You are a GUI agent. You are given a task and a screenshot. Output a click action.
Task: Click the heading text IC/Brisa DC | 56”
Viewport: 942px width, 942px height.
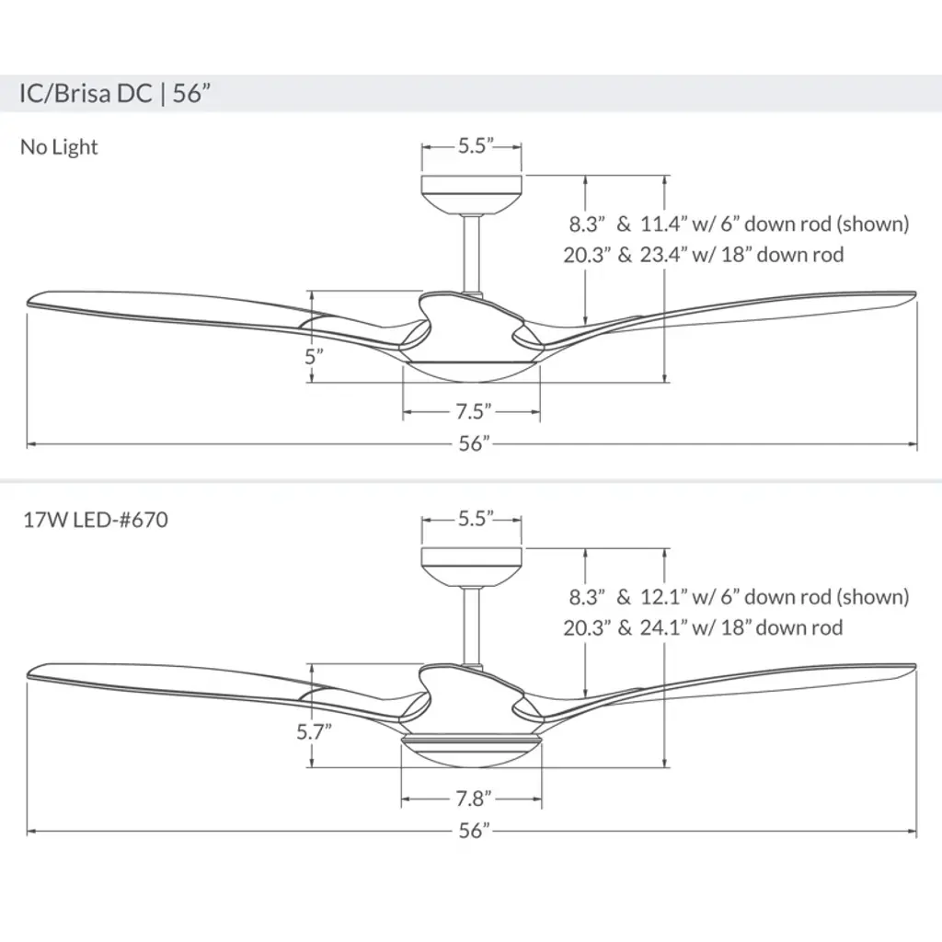coord(115,94)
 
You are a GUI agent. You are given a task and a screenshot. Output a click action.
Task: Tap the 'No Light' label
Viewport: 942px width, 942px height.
coord(59,146)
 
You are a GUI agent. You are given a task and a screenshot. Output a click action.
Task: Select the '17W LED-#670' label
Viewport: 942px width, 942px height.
coord(96,520)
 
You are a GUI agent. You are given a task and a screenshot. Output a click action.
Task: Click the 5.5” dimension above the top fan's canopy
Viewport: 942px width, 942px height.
coord(476,145)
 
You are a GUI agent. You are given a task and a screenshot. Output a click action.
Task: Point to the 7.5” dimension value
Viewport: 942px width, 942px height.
coord(474,411)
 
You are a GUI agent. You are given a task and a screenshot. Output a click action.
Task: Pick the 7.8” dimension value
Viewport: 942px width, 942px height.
coord(474,798)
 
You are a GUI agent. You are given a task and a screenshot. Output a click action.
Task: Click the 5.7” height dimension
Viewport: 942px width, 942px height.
coord(314,731)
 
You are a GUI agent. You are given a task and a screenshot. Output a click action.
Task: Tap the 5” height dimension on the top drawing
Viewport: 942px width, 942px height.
coord(314,356)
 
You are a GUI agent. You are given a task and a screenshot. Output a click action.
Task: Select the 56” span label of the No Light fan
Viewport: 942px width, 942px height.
coord(475,443)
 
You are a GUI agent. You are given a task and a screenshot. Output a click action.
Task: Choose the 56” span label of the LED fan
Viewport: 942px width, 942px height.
coord(475,831)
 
